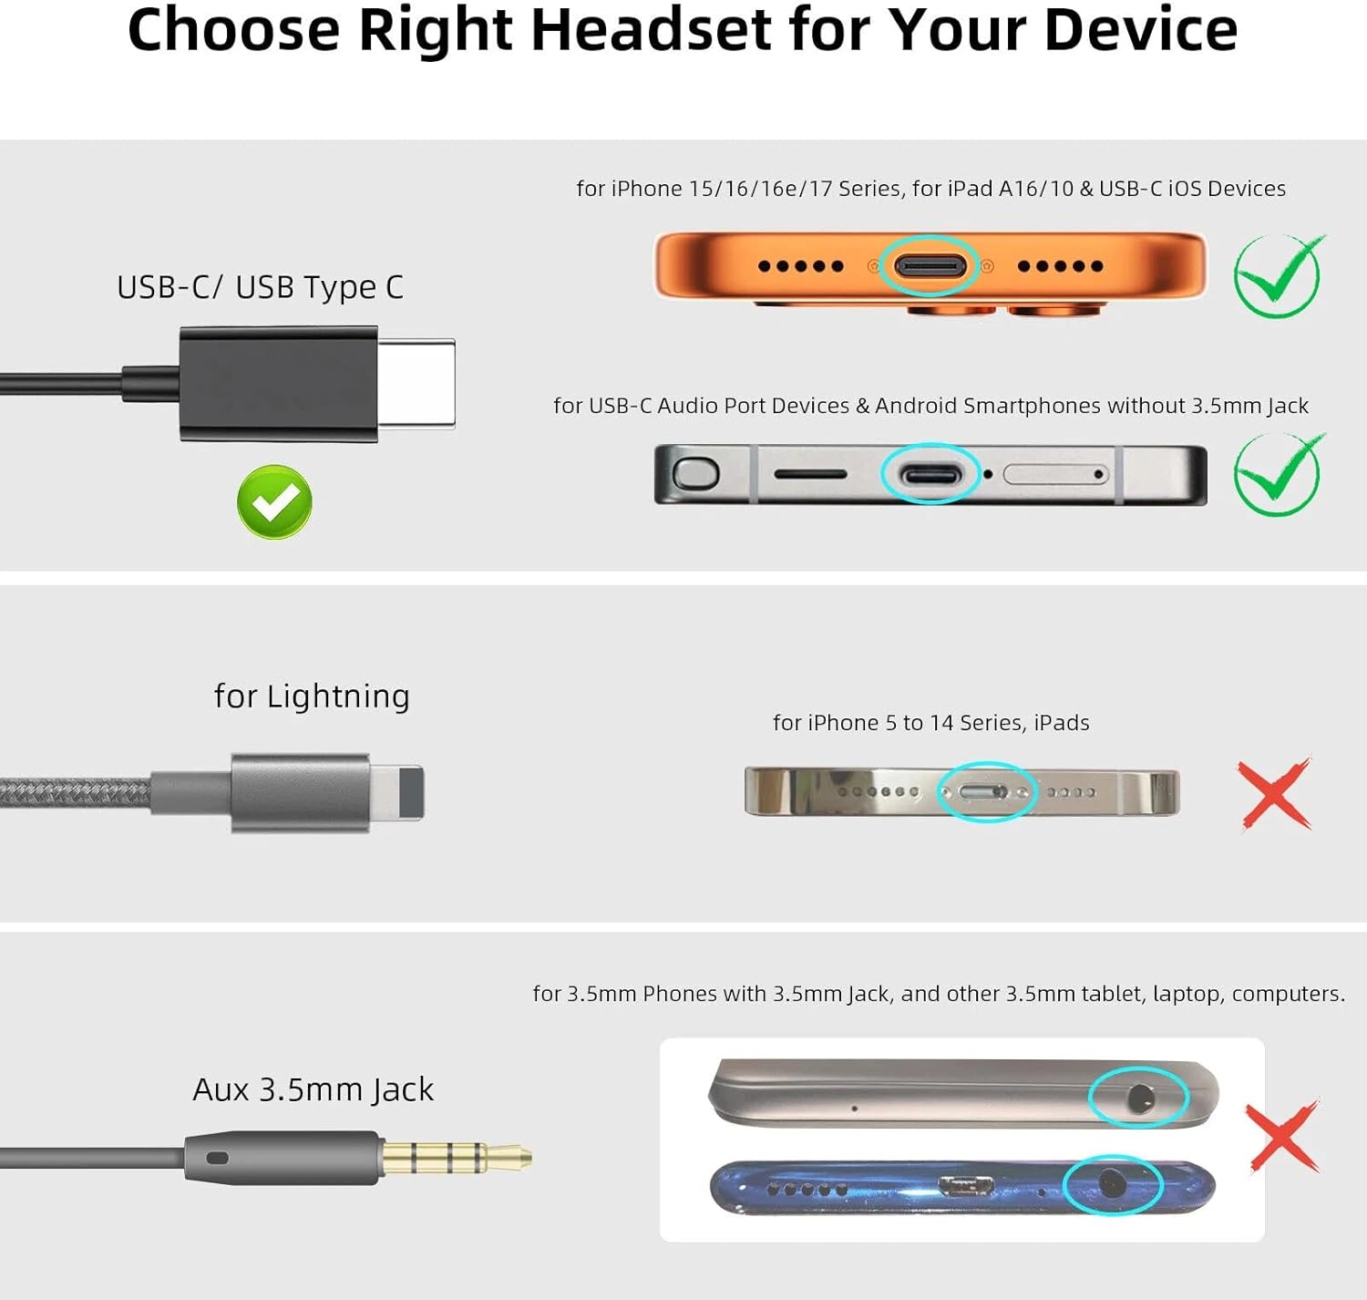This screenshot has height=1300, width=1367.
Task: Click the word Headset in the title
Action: (x=650, y=31)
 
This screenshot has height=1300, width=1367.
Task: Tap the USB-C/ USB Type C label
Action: (x=260, y=287)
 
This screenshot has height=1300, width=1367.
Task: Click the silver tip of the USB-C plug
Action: (x=416, y=384)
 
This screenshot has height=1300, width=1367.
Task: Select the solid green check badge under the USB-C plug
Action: (x=274, y=501)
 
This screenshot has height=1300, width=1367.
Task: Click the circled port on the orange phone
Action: (x=930, y=265)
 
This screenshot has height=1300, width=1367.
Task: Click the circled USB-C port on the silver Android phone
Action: (x=930, y=475)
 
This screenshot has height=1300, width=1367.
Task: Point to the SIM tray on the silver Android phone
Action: (x=1055, y=474)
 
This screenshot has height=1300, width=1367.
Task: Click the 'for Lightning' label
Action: (x=312, y=696)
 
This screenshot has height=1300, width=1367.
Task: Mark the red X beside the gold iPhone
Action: (x=1275, y=793)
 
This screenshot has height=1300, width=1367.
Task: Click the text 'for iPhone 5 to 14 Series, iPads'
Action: (x=931, y=723)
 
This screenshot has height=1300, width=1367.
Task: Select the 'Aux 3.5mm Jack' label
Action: (x=313, y=1089)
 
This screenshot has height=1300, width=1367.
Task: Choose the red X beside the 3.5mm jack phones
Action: (x=1282, y=1137)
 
